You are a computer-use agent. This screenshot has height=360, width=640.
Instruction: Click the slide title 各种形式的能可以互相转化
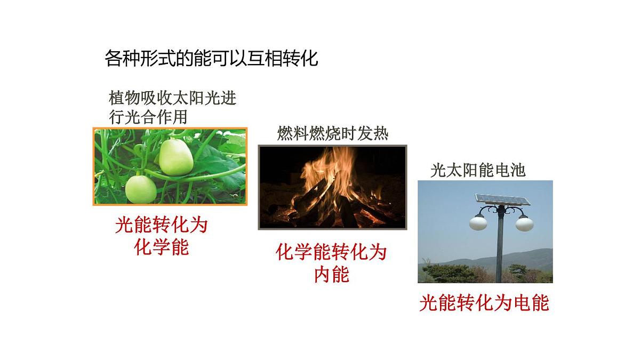(211, 58)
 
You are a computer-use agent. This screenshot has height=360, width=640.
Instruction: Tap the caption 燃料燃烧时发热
(332, 133)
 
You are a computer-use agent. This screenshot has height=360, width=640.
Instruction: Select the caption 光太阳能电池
(478, 171)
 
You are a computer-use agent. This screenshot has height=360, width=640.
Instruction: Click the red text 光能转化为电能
(484, 303)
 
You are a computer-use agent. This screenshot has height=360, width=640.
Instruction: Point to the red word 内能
(331, 275)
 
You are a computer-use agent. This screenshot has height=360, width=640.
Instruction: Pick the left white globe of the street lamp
(478, 222)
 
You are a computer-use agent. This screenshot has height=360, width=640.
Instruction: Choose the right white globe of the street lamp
(524, 222)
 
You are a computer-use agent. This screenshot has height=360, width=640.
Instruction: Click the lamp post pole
(500, 251)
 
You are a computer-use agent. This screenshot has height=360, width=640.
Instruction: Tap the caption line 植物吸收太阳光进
(172, 99)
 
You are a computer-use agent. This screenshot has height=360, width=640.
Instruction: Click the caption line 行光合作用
(148, 116)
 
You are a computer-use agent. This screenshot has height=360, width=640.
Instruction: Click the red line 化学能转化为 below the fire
(331, 252)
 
